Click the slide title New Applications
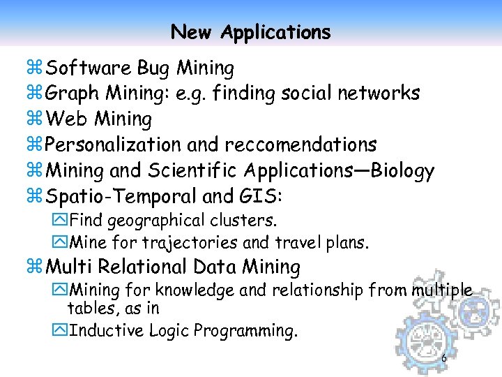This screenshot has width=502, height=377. tap(250, 32)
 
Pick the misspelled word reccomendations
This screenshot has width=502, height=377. tap(301, 145)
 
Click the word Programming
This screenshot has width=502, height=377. tap(245, 331)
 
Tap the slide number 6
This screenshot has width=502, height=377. tap(444, 359)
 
